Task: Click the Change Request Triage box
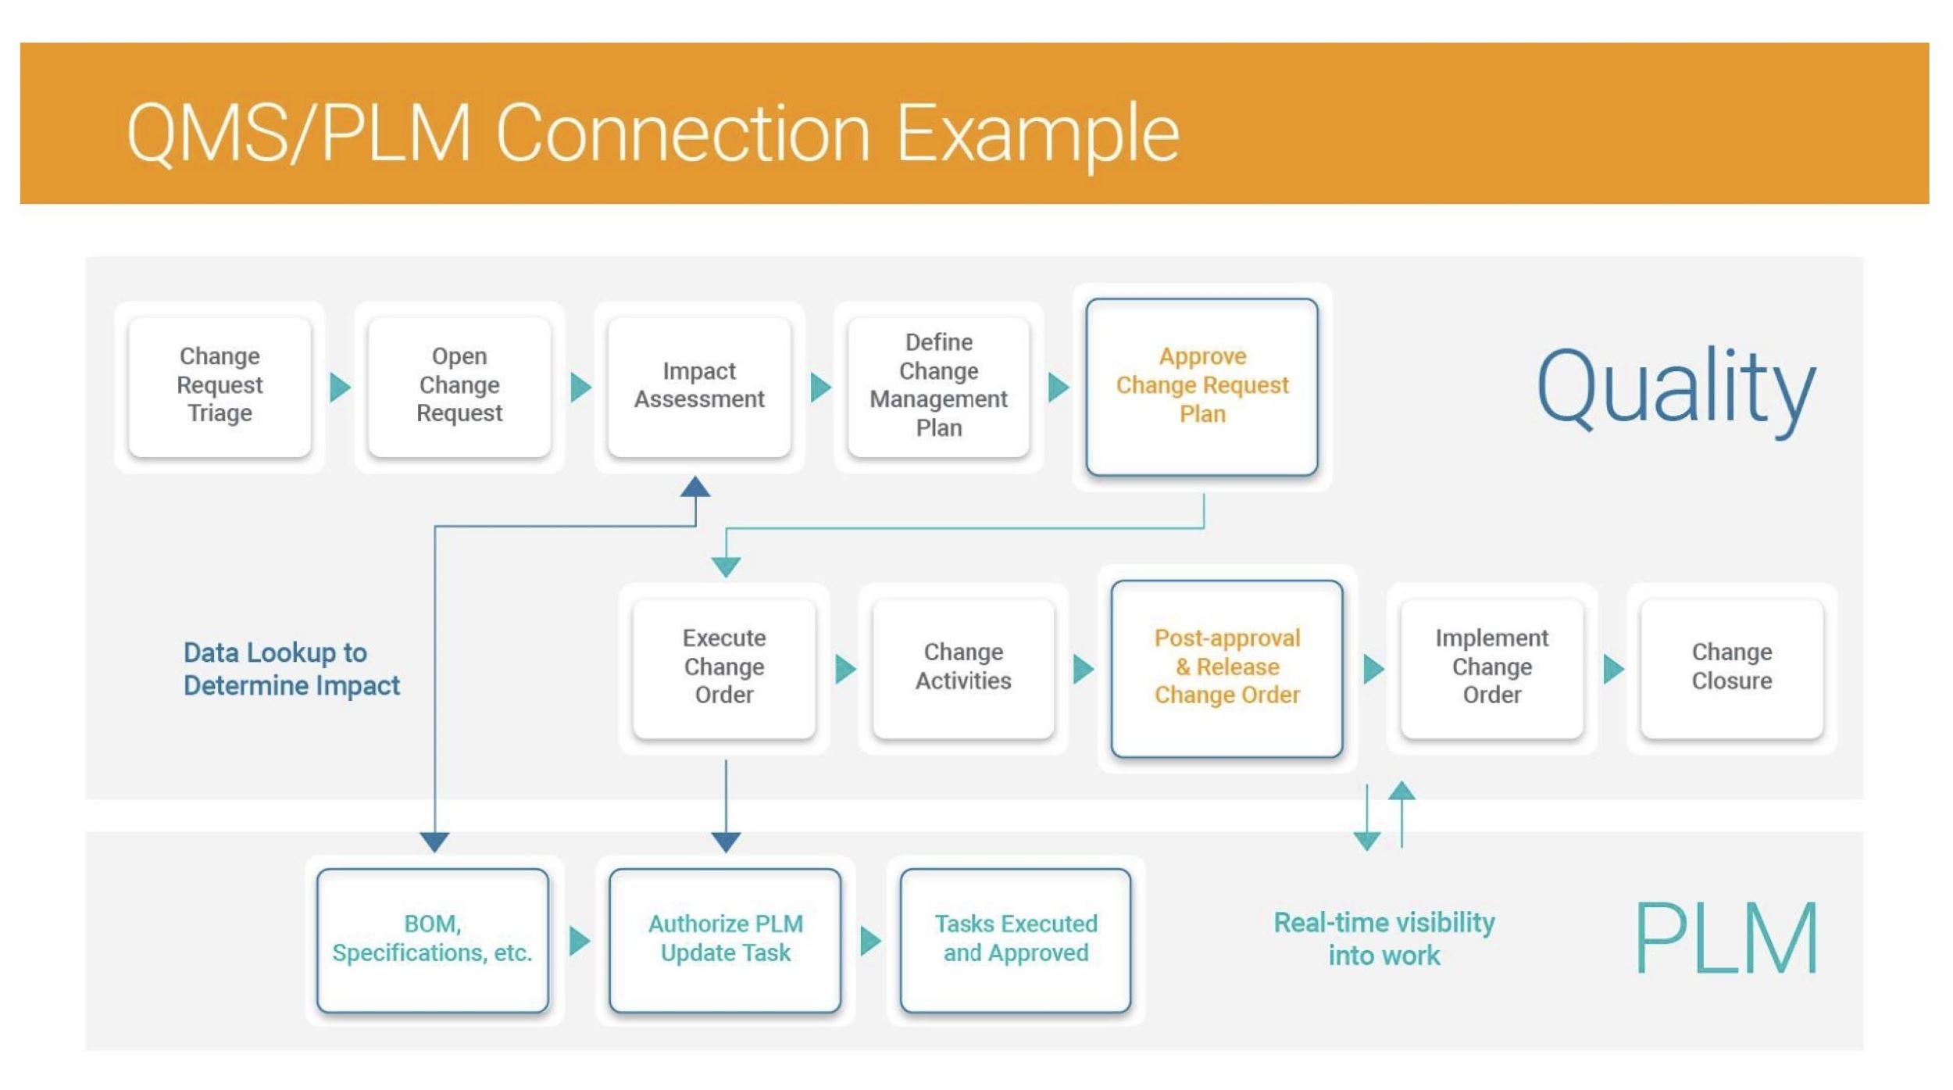pyautogui.click(x=220, y=386)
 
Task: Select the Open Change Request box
pyautogui.click(x=459, y=386)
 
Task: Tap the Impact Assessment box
pyautogui.click(x=699, y=386)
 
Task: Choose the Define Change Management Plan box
pyautogui.click(x=938, y=386)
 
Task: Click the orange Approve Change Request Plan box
pyautogui.click(x=1201, y=386)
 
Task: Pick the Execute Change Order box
pyautogui.click(x=724, y=667)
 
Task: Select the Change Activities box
pyautogui.click(x=963, y=667)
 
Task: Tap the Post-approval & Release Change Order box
pyautogui.click(x=1226, y=667)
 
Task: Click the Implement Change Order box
pyautogui.click(x=1491, y=667)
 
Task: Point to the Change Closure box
pyautogui.click(x=1731, y=667)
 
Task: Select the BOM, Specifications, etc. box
pyautogui.click(x=433, y=939)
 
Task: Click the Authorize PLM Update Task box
pyautogui.click(x=725, y=939)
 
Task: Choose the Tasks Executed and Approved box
pyautogui.click(x=1016, y=939)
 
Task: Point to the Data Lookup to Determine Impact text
pyautogui.click(x=291, y=670)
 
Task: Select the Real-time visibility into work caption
pyautogui.click(x=1384, y=939)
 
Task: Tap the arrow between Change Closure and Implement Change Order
pyautogui.click(x=1613, y=669)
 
